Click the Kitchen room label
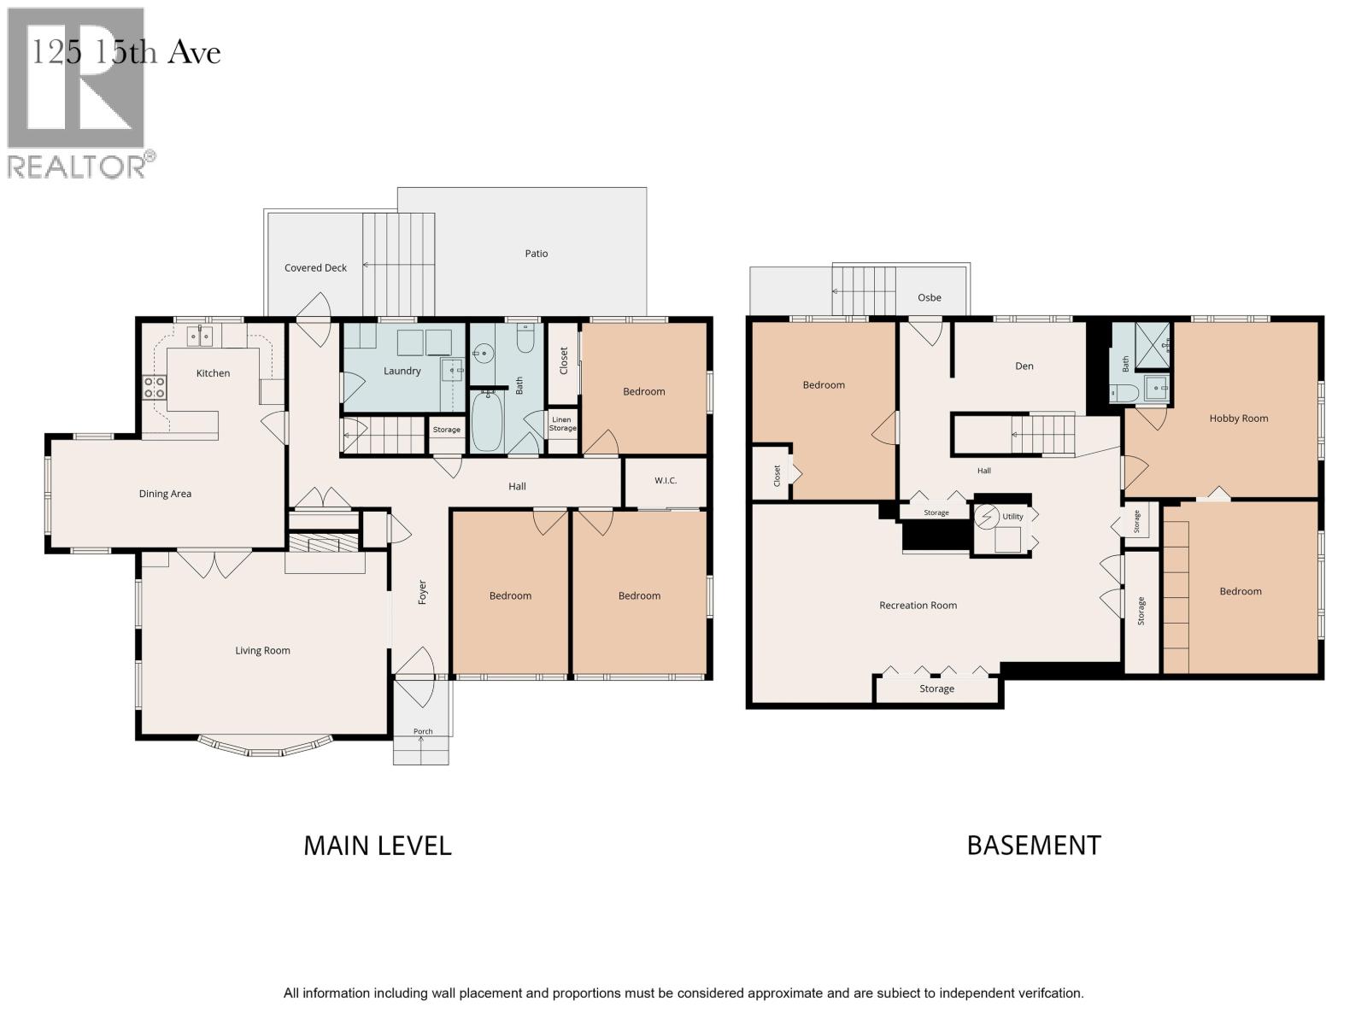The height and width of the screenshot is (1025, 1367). [x=213, y=373]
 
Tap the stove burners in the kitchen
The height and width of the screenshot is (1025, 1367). [x=155, y=387]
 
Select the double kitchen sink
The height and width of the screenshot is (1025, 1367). [x=200, y=337]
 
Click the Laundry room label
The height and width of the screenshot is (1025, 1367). [x=402, y=371]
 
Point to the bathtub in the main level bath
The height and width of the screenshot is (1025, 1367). [x=486, y=421]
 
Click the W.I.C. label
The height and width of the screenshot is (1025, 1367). [x=665, y=480]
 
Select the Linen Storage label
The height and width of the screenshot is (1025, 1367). [x=562, y=424]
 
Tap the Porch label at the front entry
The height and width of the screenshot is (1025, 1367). [x=423, y=731]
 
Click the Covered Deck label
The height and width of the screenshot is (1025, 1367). [x=316, y=268]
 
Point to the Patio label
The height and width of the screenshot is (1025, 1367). [x=537, y=254]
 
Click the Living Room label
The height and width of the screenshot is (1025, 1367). [x=262, y=651]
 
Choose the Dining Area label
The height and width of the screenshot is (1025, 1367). [x=165, y=495]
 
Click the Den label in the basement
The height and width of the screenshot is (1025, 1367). [x=1024, y=366]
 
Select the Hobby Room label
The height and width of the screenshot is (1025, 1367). [x=1239, y=419]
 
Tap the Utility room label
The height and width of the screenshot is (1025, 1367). [x=1012, y=517]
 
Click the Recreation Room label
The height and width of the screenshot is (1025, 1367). [x=918, y=606]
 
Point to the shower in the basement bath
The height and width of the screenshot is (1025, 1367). [x=1153, y=346]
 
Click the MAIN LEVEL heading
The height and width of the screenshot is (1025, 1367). [x=378, y=846]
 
